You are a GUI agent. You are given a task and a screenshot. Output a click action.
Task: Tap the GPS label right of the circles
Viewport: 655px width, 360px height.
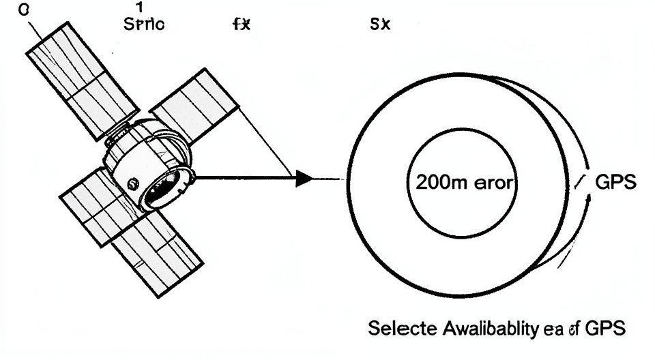pyautogui.click(x=616, y=182)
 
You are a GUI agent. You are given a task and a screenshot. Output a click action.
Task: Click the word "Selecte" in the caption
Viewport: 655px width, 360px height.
pyautogui.click(x=396, y=328)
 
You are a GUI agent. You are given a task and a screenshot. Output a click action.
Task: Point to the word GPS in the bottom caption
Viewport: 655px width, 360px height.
pyautogui.click(x=604, y=328)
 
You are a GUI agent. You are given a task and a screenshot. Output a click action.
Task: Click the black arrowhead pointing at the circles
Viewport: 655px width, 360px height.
pyautogui.click(x=304, y=179)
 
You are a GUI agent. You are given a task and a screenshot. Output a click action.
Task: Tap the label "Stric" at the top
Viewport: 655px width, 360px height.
pyautogui.click(x=144, y=25)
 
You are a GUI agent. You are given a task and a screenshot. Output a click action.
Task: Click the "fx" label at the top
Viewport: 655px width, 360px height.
pyautogui.click(x=242, y=25)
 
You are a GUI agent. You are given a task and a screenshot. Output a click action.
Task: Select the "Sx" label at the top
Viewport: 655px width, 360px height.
pyautogui.click(x=379, y=25)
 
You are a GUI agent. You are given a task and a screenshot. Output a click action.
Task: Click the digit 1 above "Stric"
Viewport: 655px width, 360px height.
pyautogui.click(x=139, y=8)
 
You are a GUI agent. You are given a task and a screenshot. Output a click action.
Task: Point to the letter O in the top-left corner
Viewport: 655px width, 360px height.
pyautogui.click(x=26, y=10)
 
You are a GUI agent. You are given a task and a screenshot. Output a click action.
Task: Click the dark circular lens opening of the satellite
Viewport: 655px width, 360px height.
pyautogui.click(x=165, y=188)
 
